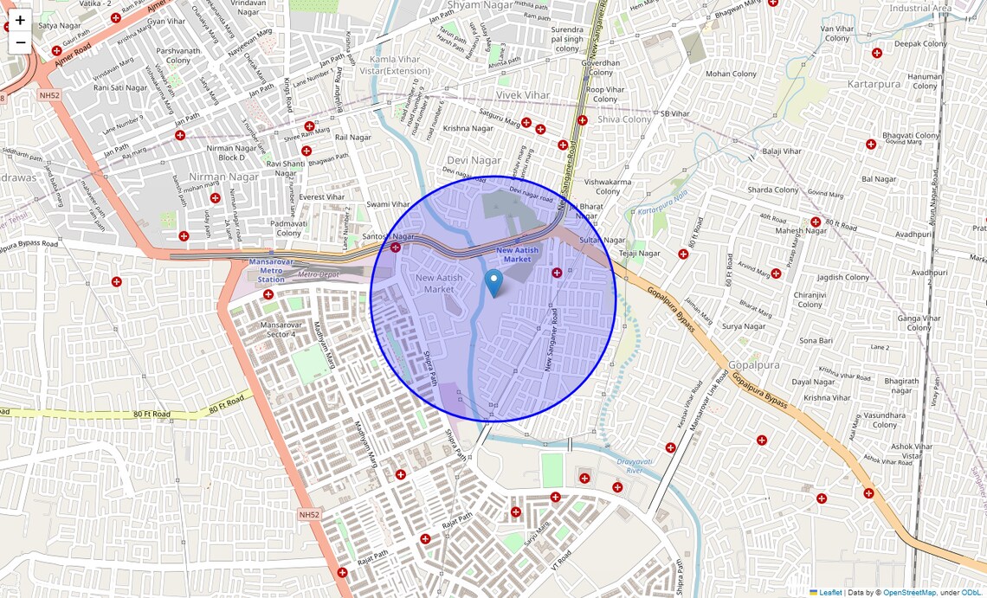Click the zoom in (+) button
coord(20,20)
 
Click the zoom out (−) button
coord(20,42)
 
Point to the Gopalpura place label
coord(754,365)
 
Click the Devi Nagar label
coord(474,160)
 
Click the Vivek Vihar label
coord(523,94)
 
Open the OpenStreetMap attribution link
coord(909,592)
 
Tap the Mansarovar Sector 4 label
coord(278,329)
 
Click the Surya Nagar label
coord(744,326)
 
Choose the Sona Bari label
coord(816,341)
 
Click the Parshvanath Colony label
coord(178,55)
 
